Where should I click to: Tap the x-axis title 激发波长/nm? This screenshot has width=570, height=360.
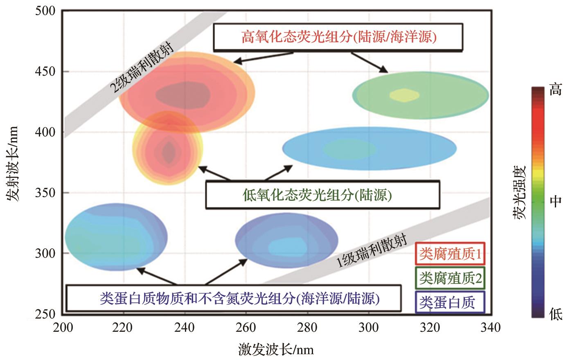tap(276, 350)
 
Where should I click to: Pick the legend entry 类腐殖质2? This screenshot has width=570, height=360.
tap(450, 279)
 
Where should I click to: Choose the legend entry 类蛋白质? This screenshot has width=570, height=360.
tap(449, 302)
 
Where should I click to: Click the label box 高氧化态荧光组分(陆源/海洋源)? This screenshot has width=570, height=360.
tap(338, 37)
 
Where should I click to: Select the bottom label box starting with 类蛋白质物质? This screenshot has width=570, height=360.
tap(233, 298)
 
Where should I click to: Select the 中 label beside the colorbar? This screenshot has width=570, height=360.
tap(555, 201)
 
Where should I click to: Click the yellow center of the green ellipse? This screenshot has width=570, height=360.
tap(404, 95)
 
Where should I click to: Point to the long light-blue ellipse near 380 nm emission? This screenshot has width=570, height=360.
tap(369, 148)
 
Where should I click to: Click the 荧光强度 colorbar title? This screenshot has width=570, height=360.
tap(520, 192)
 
